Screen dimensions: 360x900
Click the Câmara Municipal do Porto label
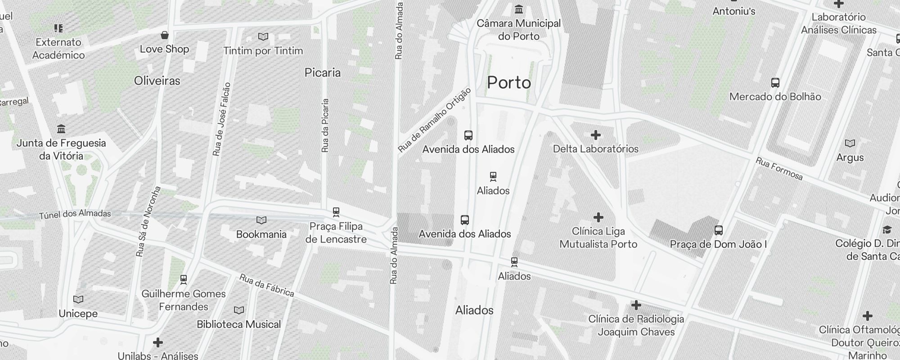[518, 30]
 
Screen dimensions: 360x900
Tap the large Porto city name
[509, 83]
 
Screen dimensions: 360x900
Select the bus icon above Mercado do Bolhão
[775, 83]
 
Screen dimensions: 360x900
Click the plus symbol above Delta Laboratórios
[595, 135]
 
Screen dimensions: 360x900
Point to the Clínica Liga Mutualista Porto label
[598, 238]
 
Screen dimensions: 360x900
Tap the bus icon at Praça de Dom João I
[718, 230]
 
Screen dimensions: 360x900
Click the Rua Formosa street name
[779, 169]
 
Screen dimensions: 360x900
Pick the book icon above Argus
[850, 144]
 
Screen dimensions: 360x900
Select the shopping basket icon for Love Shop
[165, 35]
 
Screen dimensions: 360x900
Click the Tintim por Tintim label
[263, 51]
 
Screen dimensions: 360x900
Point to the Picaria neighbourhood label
[323, 73]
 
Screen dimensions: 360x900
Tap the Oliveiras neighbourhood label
[157, 81]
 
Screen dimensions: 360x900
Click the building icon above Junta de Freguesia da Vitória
[61, 129]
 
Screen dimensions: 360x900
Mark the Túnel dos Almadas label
[75, 214]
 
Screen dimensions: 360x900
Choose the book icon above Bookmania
[261, 220]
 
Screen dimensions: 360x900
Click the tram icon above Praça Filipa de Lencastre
[336, 211]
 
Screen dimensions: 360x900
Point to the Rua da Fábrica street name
[266, 286]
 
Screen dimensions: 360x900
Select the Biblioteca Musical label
[238, 324]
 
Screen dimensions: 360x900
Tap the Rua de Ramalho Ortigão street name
[435, 120]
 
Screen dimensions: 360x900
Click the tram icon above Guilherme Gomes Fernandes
[184, 279]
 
